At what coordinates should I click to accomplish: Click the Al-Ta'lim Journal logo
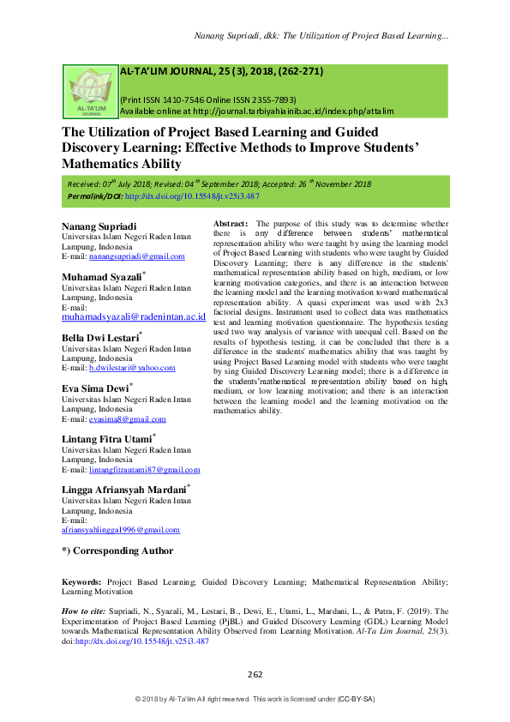90,93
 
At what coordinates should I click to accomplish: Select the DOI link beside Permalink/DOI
193,196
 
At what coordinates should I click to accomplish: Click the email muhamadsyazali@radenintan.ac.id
134,316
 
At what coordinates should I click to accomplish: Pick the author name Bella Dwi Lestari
99,339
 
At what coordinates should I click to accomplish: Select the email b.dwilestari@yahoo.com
132,368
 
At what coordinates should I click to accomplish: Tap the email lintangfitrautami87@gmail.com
144,470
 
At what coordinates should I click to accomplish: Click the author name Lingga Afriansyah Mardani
123,490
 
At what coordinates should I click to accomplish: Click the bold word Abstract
231,223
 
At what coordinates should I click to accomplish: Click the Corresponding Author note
117,551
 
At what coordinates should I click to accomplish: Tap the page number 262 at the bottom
255,674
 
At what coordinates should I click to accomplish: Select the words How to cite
84,611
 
